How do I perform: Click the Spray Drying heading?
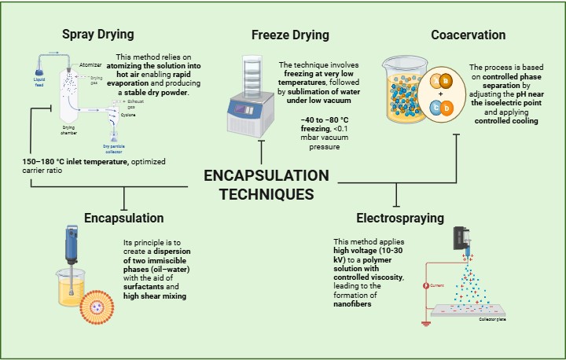pyautogui.click(x=98, y=35)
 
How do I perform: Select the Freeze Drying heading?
pyautogui.click(x=290, y=35)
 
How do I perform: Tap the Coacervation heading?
pyautogui.click(x=468, y=35)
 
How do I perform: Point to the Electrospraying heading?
pyautogui.click(x=401, y=216)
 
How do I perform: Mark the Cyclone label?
pyautogui.click(x=128, y=114)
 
